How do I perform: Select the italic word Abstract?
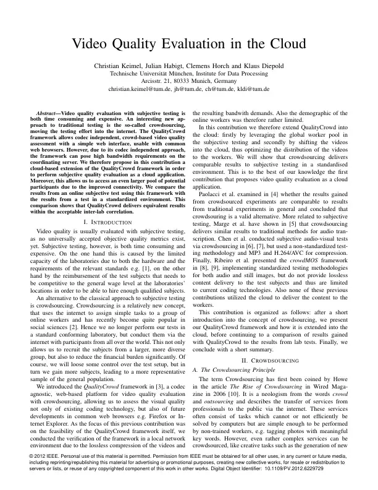(x=47, y=115)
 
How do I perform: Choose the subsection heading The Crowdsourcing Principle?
(x=238, y=369)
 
